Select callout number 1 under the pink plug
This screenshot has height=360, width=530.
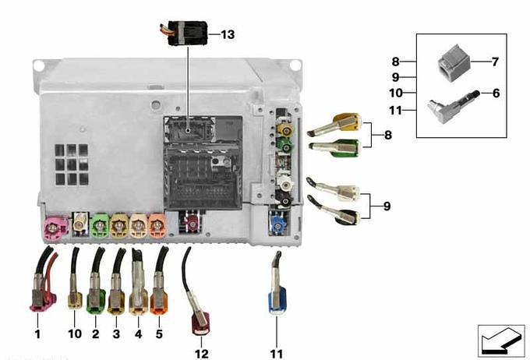coord(37,334)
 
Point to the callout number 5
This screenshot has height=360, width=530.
coord(159,334)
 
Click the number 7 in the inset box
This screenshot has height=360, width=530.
coord(495,61)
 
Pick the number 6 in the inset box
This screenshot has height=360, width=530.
coord(496,93)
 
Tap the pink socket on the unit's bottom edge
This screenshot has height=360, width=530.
coord(55,229)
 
